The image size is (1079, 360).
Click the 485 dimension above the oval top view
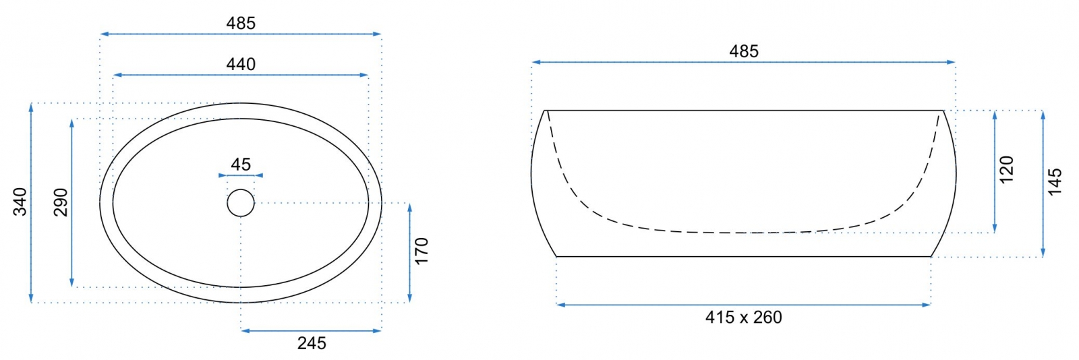coord(241,23)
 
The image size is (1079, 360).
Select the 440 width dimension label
coord(241,64)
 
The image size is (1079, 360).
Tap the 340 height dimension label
coord(20,202)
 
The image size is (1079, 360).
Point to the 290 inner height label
coord(61,202)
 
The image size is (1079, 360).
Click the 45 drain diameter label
coord(241,164)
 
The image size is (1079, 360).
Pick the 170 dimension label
coord(421,251)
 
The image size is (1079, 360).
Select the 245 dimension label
coord(312,343)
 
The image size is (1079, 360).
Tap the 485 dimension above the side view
coord(744,51)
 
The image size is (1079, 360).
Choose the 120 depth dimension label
coord(1007,169)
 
